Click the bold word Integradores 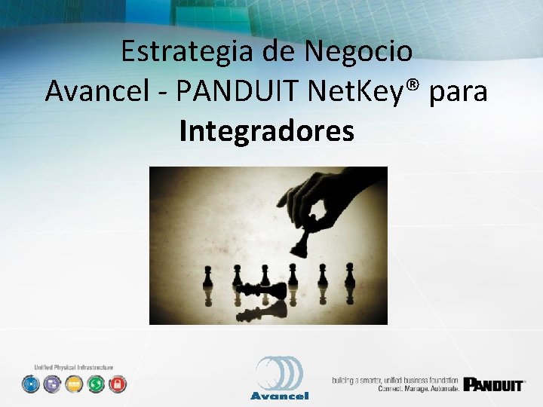tap(267, 131)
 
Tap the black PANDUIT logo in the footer tap(494, 384)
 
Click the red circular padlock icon tap(117, 384)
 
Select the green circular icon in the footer tap(95, 384)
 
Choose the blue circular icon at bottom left tap(30, 384)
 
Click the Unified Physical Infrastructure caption tap(73, 367)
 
